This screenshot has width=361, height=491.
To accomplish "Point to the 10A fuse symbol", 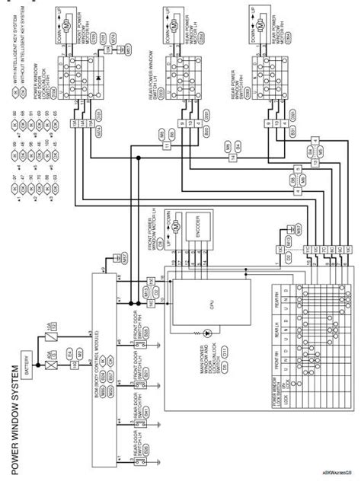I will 52,329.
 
